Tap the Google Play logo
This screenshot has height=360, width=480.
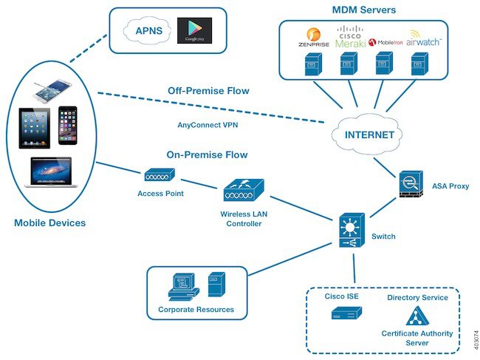click(x=195, y=31)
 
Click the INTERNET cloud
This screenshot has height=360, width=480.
click(x=368, y=135)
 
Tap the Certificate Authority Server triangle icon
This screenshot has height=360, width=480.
click(x=417, y=316)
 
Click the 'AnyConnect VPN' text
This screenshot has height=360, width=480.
click(x=208, y=125)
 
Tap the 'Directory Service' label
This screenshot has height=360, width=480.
click(x=417, y=297)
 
